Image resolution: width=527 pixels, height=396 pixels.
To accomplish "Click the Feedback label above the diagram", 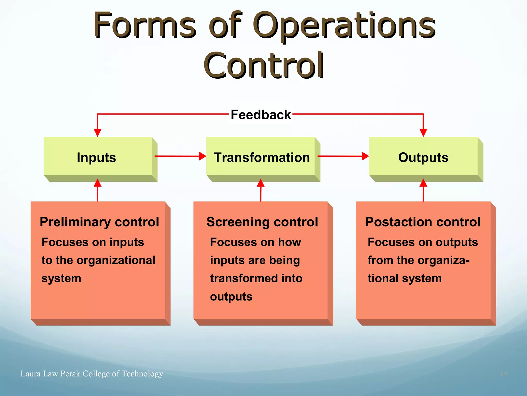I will pos(260,115).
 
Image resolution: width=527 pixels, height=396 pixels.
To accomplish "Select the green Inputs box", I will pos(98,157).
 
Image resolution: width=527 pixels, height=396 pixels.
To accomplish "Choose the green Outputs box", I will pos(423,157).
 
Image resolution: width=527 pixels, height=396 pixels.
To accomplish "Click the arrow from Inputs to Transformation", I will pos(180,156).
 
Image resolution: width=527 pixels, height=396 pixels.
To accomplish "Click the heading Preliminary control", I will pos(99,222).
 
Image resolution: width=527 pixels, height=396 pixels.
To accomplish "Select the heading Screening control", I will pos(262,222).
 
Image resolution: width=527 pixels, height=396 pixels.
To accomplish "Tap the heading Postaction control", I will pos(423,222).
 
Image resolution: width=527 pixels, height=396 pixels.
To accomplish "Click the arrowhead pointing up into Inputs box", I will pos(98,183).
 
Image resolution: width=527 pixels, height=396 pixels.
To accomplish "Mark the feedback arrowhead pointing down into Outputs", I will pos(423,133).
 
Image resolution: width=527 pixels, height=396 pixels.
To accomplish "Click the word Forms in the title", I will pos(145,26).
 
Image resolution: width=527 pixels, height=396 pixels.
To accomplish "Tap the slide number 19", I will pos(503,373).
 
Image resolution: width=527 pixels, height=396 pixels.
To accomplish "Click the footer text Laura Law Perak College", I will pos(92,373).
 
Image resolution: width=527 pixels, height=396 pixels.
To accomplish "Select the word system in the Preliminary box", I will pos(61,278).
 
